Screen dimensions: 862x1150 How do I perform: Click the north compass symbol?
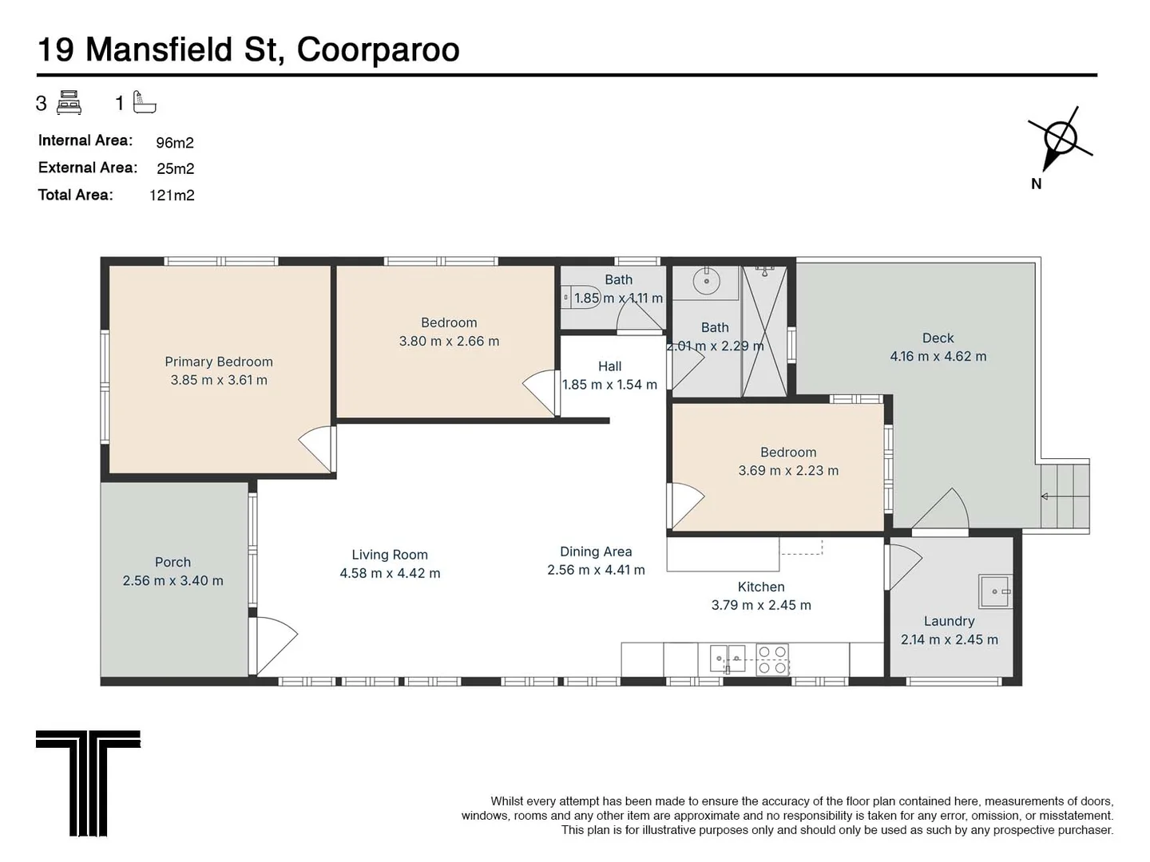(x=1059, y=140)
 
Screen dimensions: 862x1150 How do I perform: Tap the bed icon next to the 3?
(x=69, y=103)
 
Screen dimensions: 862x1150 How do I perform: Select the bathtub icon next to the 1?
(x=145, y=102)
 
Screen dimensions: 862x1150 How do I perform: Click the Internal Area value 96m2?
(x=175, y=143)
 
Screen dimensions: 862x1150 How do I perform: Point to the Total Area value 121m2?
(x=172, y=196)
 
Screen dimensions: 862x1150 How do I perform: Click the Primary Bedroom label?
(x=219, y=362)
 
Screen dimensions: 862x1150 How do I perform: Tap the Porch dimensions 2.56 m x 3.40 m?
(x=172, y=581)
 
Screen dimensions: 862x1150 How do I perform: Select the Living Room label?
(x=390, y=555)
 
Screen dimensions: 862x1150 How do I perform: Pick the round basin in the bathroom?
(x=706, y=281)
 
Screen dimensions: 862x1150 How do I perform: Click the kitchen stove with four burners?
(x=772, y=660)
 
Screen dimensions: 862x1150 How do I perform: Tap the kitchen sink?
(x=728, y=658)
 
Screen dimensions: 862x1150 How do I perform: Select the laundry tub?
(x=996, y=591)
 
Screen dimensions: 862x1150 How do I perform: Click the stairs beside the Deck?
(x=1065, y=496)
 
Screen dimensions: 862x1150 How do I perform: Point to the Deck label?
(x=938, y=338)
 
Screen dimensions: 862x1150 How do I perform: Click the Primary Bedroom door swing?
(x=317, y=449)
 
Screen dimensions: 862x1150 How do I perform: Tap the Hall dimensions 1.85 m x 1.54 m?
(x=609, y=385)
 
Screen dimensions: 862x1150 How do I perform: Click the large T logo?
(x=88, y=782)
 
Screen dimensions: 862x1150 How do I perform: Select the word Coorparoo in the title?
(x=378, y=49)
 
